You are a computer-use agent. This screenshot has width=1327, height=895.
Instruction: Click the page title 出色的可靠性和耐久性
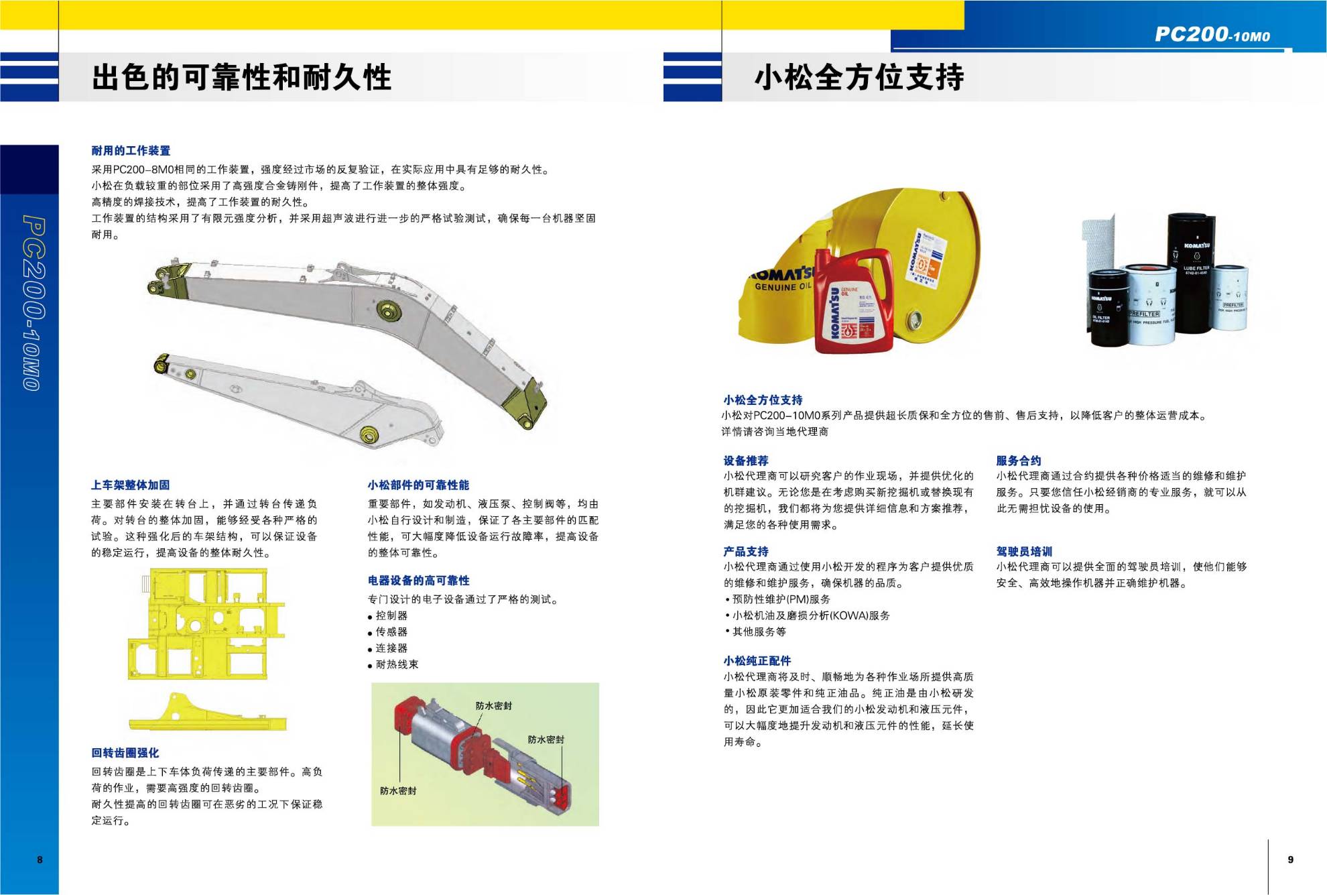pos(241,77)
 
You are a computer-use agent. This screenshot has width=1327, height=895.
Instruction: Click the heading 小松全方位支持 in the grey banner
pos(859,77)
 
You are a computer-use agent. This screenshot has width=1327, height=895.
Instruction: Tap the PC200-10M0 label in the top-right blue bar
pos(1212,34)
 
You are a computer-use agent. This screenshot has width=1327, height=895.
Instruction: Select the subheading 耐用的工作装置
pos(131,151)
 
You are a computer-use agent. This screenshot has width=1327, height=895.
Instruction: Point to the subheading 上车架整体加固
pos(131,485)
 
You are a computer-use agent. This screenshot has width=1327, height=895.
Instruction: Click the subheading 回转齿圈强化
pos(125,753)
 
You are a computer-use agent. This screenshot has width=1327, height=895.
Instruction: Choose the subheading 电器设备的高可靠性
pos(419,581)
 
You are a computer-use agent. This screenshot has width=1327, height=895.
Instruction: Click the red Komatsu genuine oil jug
pos(853,300)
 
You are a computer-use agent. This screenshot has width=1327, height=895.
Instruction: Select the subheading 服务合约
pos(1019,461)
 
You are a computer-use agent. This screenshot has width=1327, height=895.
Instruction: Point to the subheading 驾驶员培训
pos(1024,552)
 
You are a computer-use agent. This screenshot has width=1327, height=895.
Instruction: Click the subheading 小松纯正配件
pos(757,660)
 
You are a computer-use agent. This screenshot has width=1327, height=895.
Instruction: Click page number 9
pos(1291,859)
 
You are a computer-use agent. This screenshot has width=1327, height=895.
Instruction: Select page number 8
pos(40,859)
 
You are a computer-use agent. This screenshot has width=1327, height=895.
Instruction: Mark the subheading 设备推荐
pos(746,461)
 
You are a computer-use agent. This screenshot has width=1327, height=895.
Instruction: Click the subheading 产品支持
pos(746,552)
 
